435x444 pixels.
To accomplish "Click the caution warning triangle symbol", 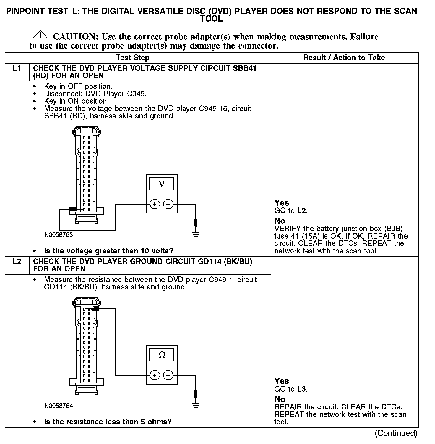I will pos(40,35).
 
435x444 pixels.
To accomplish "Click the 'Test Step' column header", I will pos(133,58).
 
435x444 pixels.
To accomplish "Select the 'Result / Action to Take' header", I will pos(344,58).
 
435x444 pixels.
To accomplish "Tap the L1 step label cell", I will pos(17,69).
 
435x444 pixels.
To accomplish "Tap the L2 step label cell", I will pos(17,262).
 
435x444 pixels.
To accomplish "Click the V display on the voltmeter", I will pos(161,184).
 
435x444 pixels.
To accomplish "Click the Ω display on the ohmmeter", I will pos(162,355).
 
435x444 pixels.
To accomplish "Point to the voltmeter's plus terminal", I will pos(155,204).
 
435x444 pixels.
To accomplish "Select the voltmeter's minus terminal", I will pos(168,204).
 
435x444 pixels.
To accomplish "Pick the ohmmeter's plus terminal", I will pos(155,375).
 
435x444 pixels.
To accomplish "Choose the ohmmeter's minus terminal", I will pos(168,375).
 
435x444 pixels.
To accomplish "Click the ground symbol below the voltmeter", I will pos(195,234).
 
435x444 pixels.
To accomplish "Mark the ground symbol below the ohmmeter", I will pos(195,405).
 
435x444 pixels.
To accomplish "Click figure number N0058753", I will pos(59,235).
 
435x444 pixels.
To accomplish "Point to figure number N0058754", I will pos(59,406).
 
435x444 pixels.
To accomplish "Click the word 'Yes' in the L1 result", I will pos(282,203).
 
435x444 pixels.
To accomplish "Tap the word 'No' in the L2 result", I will pos(280,399).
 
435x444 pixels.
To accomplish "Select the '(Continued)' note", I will pos(396,433).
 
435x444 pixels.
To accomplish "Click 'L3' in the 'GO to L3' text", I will pos(302,389).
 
